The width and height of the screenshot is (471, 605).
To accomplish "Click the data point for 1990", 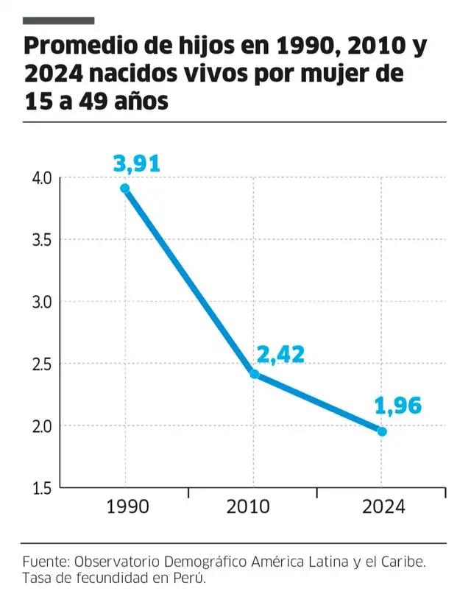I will [x=125, y=188].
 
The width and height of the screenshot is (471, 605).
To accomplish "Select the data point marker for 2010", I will [x=255, y=374].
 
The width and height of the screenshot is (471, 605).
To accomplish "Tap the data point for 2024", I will [x=382, y=431].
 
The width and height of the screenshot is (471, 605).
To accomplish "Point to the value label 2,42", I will [x=280, y=354].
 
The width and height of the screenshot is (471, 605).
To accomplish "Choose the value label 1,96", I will [x=398, y=406].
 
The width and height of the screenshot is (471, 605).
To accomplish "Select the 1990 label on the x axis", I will [x=127, y=508].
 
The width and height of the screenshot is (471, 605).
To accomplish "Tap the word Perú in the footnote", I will [x=188, y=578].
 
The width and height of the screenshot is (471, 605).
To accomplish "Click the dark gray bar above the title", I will [x=59, y=20].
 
